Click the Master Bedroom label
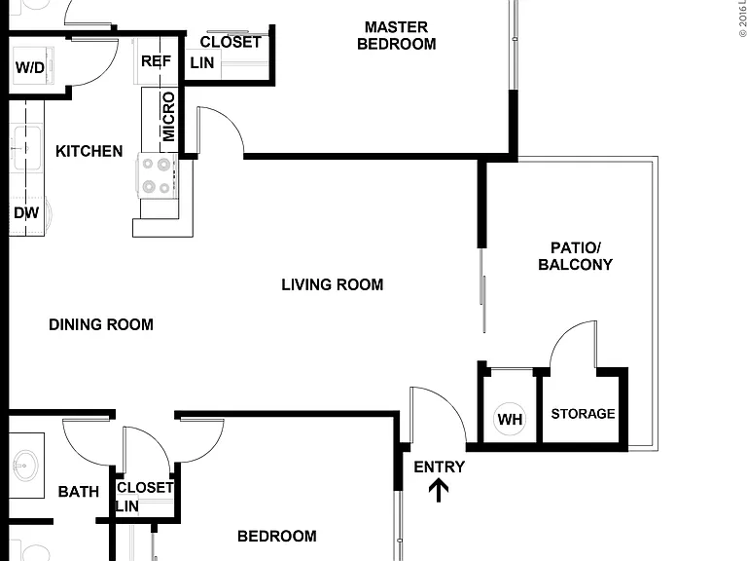[x=397, y=35]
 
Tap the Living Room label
[x=332, y=284]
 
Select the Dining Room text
[x=101, y=325]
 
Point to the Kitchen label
[x=89, y=151]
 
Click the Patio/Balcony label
[x=576, y=256]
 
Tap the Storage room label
[x=584, y=414]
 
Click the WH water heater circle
[x=510, y=419]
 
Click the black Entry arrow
[x=439, y=491]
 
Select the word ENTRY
[x=439, y=467]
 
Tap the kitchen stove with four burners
[x=157, y=175]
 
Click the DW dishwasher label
[x=26, y=212]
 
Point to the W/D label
[x=29, y=67]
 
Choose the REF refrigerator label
[x=156, y=61]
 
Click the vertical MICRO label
[x=168, y=117]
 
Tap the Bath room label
[x=79, y=491]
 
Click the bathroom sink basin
[x=25, y=466]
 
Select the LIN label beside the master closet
[x=202, y=62]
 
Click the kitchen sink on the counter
[x=26, y=148]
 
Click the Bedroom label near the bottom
[x=277, y=537]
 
